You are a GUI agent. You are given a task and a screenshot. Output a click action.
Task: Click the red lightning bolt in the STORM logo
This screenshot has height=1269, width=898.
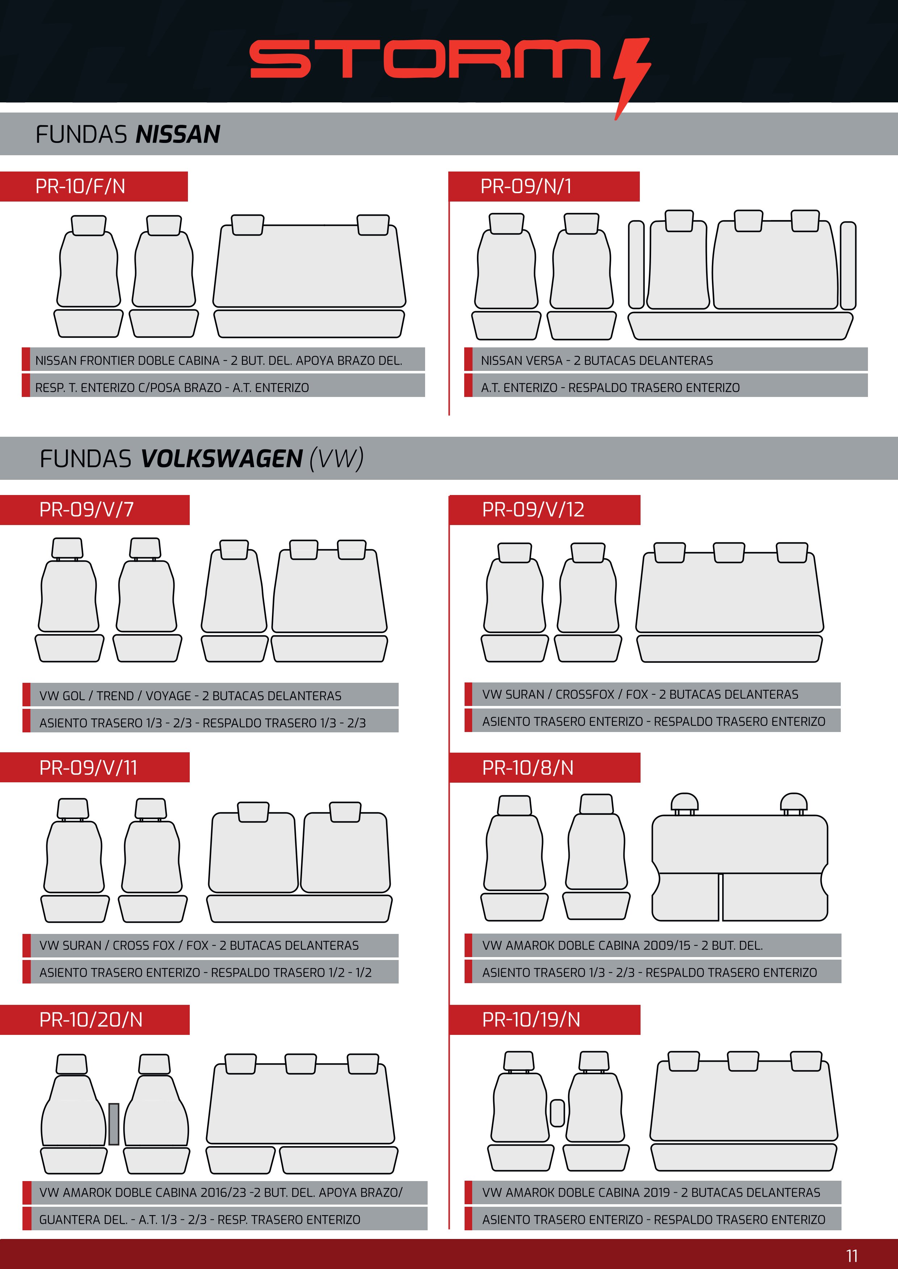pyautogui.click(x=631, y=77)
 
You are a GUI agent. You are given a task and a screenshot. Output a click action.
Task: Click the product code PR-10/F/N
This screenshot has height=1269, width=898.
pyautogui.click(x=80, y=186)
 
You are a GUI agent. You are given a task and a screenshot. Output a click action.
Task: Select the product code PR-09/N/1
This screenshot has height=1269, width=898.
pyautogui.click(x=526, y=186)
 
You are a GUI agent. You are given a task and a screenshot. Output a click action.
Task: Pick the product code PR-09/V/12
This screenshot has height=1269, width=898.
pyautogui.click(x=533, y=509)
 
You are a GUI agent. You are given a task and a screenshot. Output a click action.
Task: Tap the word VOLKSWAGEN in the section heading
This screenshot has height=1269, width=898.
pyautogui.click(x=221, y=459)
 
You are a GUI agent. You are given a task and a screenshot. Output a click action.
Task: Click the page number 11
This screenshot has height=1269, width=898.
pyautogui.click(x=852, y=1255)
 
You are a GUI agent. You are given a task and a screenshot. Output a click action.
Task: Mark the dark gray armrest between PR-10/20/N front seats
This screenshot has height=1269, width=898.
pyautogui.click(x=114, y=1124)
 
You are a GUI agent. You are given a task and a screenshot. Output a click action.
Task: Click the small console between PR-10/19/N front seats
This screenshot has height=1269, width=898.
pyautogui.click(x=557, y=1113)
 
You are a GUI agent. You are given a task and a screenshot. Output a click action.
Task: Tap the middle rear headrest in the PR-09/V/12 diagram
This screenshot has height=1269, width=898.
pyautogui.click(x=729, y=552)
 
